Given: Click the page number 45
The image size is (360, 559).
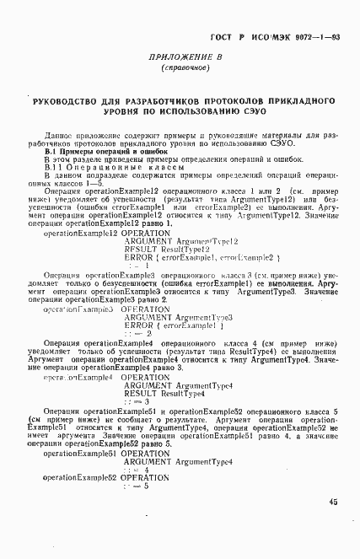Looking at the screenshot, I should [334, 503].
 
